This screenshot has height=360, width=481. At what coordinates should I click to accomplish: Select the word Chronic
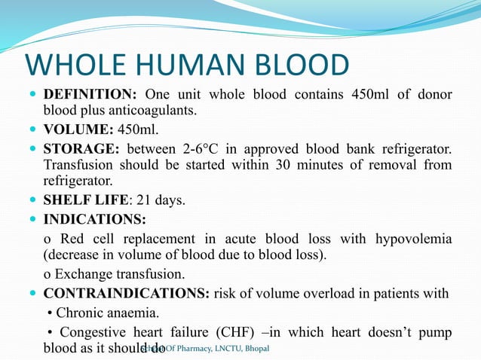tap(74, 312)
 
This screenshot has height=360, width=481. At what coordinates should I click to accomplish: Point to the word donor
tap(434, 95)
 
